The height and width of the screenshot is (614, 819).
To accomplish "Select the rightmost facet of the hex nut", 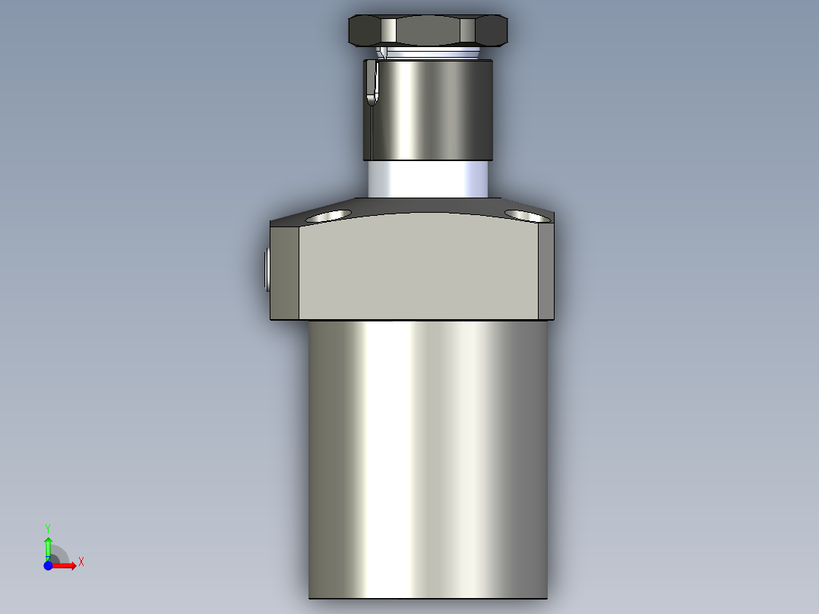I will [x=491, y=31].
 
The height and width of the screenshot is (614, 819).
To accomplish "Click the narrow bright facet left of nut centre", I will [x=389, y=31].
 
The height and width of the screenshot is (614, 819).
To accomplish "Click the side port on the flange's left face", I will [x=267, y=270].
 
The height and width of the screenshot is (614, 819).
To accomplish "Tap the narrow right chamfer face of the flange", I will [x=547, y=270].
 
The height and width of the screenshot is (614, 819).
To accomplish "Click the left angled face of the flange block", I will [x=285, y=270].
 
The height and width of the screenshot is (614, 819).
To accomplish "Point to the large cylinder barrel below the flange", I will [x=427, y=456].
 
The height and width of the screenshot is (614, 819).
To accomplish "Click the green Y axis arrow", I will [x=48, y=546].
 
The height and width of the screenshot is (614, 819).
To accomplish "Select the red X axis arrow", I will [x=65, y=565].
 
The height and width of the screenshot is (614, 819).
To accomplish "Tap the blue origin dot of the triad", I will [x=48, y=565].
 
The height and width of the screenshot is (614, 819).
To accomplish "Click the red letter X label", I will [x=81, y=562].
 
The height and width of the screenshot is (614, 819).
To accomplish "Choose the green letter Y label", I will [x=48, y=527].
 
